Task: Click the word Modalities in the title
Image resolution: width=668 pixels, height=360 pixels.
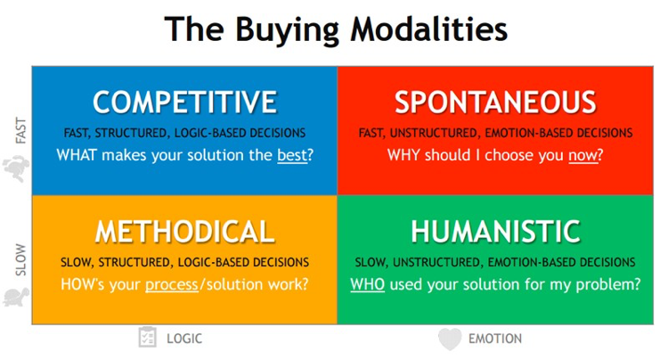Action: click(429, 29)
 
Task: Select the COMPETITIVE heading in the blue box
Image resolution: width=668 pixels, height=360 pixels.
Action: click(185, 102)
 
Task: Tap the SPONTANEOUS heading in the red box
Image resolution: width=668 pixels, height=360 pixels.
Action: click(495, 102)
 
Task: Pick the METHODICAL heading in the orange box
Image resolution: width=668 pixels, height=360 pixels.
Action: click(185, 232)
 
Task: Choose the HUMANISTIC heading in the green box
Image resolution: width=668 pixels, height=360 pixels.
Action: click(495, 232)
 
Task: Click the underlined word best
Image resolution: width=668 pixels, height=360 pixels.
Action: click(292, 155)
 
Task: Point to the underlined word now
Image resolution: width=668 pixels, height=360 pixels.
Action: click(582, 156)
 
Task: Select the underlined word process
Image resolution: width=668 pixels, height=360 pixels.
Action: click(172, 284)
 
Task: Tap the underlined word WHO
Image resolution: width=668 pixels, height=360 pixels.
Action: click(367, 284)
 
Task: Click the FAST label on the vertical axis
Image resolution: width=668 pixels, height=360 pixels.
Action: click(20, 130)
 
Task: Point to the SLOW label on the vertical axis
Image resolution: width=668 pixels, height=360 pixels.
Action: click(20, 260)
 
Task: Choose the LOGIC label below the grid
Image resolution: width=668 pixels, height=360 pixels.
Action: click(184, 339)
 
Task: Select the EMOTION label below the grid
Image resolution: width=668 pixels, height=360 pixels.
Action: click(495, 339)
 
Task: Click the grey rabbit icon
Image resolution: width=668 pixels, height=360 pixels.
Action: click(17, 168)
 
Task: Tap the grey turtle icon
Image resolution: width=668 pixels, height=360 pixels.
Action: click(17, 297)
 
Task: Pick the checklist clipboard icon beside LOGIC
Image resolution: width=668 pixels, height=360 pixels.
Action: click(147, 338)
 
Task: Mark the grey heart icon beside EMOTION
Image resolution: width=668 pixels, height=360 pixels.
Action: click(450, 340)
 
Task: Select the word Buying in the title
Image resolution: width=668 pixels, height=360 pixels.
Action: click(288, 29)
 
